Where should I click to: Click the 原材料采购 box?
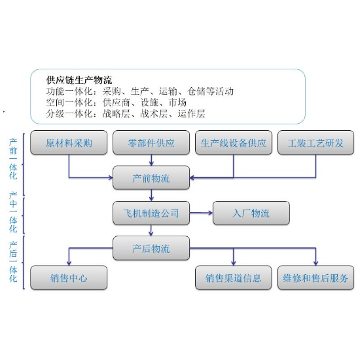pyautogui.click(x=69, y=142)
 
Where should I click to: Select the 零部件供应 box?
pyautogui.click(x=151, y=142)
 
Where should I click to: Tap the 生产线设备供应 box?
pyautogui.click(x=234, y=142)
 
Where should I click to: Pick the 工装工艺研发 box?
pyautogui.click(x=315, y=142)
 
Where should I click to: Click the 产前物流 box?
pyautogui.click(x=151, y=177)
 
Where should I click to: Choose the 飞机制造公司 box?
pyautogui.click(x=151, y=213)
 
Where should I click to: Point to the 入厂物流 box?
pyautogui.click(x=251, y=213)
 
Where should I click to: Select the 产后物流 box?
pyautogui.click(x=151, y=248)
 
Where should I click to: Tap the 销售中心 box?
pyautogui.click(x=69, y=278)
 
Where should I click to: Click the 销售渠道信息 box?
pyautogui.click(x=234, y=278)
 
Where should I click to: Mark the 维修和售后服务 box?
pyautogui.click(x=315, y=278)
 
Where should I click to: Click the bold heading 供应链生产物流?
pyautogui.click(x=79, y=80)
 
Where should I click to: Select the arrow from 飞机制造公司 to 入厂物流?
pyautogui.click(x=201, y=213)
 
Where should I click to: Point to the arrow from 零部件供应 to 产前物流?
pyautogui.click(x=151, y=160)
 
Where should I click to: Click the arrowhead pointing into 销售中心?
pyautogui.click(x=69, y=262)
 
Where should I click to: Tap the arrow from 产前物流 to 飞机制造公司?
pyautogui.click(x=151, y=195)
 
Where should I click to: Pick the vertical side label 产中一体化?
pyautogui.click(x=13, y=212)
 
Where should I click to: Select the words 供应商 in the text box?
pyautogui.click(x=116, y=102)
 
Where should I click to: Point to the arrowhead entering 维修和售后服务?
pyautogui.click(x=315, y=262)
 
